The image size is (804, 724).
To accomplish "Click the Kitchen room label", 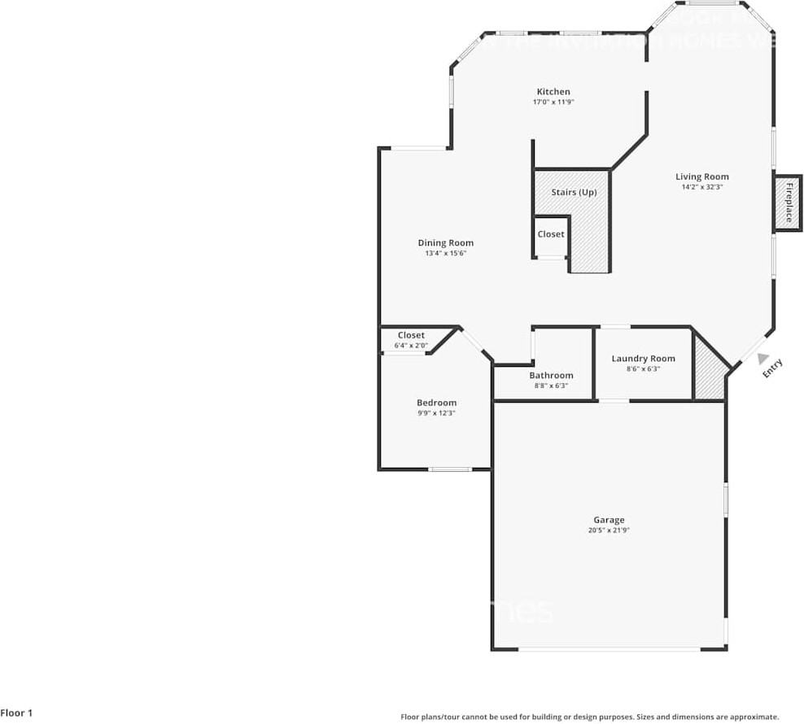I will tap(553, 92).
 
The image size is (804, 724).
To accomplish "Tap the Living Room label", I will tap(701, 177).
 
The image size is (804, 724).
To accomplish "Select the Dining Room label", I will tap(445, 242).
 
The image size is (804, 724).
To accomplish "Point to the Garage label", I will tap(609, 520).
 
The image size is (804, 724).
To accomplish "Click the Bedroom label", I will tap(436, 403).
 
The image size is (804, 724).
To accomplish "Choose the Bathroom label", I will tap(551, 375).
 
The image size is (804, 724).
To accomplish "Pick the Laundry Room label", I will tap(643, 359).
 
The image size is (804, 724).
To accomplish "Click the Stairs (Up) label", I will tap(574, 192).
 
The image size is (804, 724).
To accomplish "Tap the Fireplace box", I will tap(788, 202).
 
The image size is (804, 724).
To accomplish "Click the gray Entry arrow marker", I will tap(761, 357).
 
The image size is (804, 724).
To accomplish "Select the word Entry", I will tap(772, 369).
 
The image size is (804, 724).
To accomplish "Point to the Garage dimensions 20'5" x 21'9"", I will tap(609, 530).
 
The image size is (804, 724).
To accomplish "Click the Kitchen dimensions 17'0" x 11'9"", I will tap(553, 102).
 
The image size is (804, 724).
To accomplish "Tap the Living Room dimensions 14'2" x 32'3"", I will tap(701, 187).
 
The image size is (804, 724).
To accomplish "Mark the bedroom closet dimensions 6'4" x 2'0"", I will tap(411, 346).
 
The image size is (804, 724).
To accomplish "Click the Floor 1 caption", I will tap(17, 713).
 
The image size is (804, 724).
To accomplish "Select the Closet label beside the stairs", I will tap(551, 234).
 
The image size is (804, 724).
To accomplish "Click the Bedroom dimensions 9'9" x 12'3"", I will tap(436, 413).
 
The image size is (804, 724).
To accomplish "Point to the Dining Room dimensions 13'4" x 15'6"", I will tap(445, 253).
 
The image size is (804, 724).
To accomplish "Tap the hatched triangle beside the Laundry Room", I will tap(709, 378).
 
